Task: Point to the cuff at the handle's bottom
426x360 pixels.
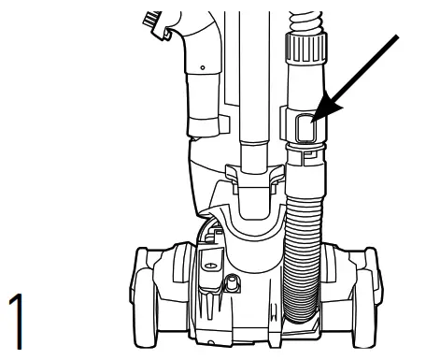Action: (205, 122)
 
